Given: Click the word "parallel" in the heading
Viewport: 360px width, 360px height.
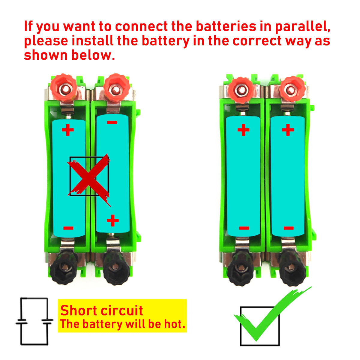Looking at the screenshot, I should pyautogui.click(x=303, y=26).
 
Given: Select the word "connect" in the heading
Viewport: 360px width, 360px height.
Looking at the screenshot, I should pyautogui.click(x=141, y=26).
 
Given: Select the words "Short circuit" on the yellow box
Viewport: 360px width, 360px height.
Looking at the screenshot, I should pyautogui.click(x=102, y=310).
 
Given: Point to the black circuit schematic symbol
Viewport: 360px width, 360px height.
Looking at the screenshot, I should pyautogui.click(x=34, y=321).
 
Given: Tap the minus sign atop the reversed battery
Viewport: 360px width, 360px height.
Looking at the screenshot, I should pyautogui.click(x=112, y=122).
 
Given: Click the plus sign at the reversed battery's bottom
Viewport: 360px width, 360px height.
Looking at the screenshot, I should pyautogui.click(x=113, y=220).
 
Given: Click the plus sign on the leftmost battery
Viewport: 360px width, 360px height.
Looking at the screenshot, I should pyautogui.click(x=68, y=130).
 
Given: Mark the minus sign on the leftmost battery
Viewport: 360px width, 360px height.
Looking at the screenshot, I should pyautogui.click(x=68, y=228).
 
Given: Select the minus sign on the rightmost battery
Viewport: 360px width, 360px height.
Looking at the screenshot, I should pyautogui.click(x=288, y=228).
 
